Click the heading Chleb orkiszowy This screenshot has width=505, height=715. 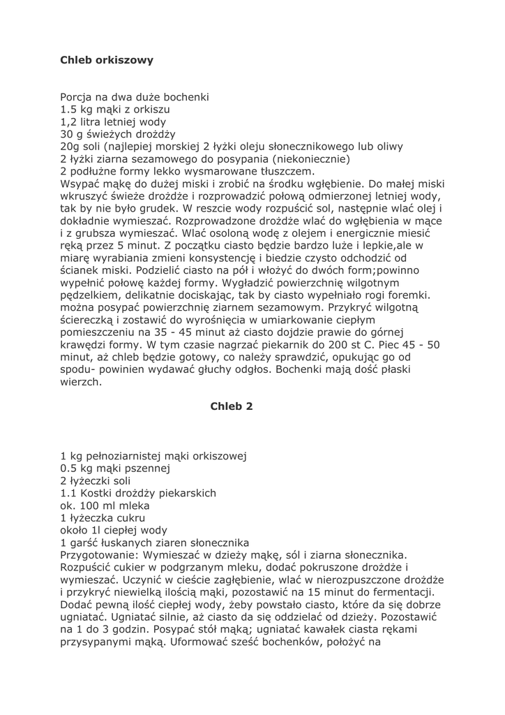[107, 60]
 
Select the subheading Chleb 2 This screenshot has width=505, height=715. [231, 406]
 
